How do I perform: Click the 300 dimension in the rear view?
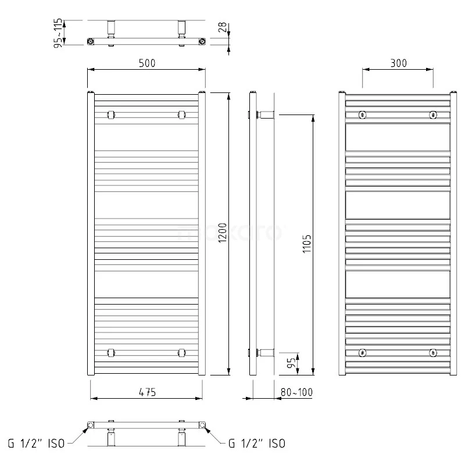[x=398, y=63]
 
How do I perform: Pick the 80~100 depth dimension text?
[x=296, y=393]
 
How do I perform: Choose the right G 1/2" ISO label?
[x=256, y=443]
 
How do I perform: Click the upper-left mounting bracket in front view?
[x=111, y=114]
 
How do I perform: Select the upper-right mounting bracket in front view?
[x=182, y=114]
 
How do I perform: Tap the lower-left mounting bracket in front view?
[x=111, y=352]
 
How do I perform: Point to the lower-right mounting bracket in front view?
[x=182, y=352]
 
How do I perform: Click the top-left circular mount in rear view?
[x=362, y=115]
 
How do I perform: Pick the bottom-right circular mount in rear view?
[x=432, y=352]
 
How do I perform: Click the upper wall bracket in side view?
[x=264, y=114]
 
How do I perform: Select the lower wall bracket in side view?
[x=264, y=352]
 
